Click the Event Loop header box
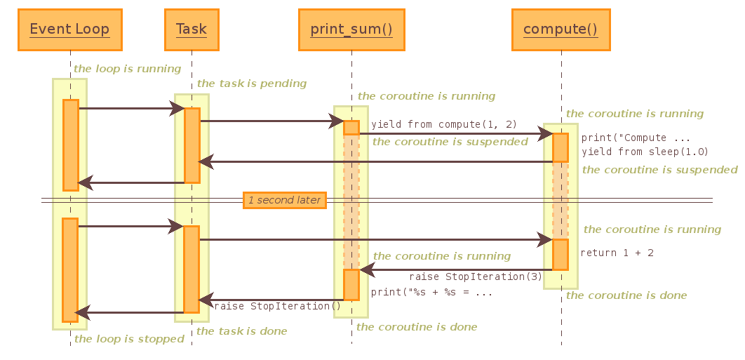pyautogui.click(x=69, y=29)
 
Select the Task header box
pyautogui.click(x=191, y=29)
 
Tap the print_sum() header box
pyautogui.click(x=351, y=29)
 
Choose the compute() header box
pyautogui.click(x=560, y=29)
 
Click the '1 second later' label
pyautogui.click(x=284, y=200)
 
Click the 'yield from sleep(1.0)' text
pyautogui.click(x=645, y=152)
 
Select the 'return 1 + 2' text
pyautogui.click(x=617, y=253)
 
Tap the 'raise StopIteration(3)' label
pyautogui.click(x=476, y=276)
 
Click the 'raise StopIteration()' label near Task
pyautogui.click(x=277, y=306)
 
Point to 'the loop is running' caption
pyautogui.click(x=127, y=69)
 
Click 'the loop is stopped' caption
pyautogui.click(x=129, y=339)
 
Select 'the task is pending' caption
pyautogui.click(x=252, y=84)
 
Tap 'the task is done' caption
pyautogui.click(x=241, y=331)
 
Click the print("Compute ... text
pyautogui.click(x=636, y=138)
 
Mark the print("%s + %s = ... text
pyautogui.click(x=431, y=292)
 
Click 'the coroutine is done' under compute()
pyautogui.click(x=626, y=295)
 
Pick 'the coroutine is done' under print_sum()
pyautogui.click(x=417, y=327)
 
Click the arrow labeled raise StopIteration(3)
pyautogui.click(x=456, y=269)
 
